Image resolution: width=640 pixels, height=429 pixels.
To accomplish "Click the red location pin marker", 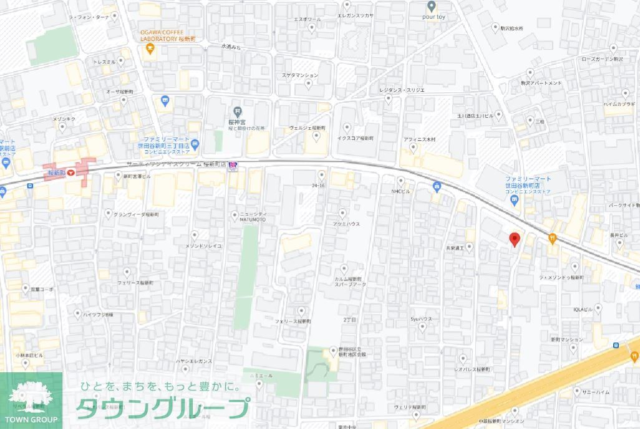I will [x=515, y=239].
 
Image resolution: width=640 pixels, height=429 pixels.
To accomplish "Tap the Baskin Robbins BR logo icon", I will [x=233, y=165].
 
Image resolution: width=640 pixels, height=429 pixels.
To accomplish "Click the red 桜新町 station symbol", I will [x=71, y=171].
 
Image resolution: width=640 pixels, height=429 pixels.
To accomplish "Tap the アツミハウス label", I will [x=347, y=224].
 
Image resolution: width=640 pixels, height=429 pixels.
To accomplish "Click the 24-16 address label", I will [x=319, y=185].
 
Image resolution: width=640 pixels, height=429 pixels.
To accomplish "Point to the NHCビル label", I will [x=400, y=191].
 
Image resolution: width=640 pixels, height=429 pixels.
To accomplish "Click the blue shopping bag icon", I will [x=437, y=186].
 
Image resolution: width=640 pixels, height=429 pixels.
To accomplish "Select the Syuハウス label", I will [x=421, y=319].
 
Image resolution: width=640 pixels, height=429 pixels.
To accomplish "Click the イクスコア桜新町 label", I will [x=355, y=138].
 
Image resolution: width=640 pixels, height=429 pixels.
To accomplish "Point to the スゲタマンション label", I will [x=299, y=75].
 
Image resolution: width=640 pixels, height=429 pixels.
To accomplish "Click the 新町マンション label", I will [x=567, y=340].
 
